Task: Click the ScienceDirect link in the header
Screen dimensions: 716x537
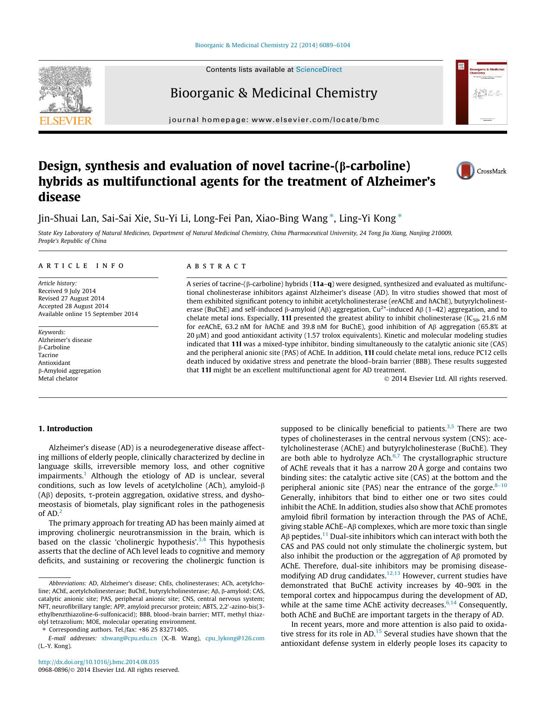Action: pyautogui.click(x=318, y=70)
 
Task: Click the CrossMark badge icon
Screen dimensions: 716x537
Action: pyautogui.click(x=466, y=171)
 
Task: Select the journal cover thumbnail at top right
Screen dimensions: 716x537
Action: pyautogui.click(x=481, y=92)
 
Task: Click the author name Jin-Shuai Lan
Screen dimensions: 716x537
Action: pyautogui.click(x=67, y=218)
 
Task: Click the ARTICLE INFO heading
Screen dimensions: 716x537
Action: pyautogui.click(x=81, y=266)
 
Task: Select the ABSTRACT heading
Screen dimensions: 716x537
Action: pyautogui.click(x=216, y=266)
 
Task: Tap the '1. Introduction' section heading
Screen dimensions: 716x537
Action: pyautogui.click(x=65, y=429)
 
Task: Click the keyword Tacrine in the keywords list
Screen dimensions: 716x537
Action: pyautogui.click(x=48, y=355)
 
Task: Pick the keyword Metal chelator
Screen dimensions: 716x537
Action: pyautogui.click(x=58, y=378)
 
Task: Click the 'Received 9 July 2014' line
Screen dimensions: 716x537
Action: pyautogui.click(x=67, y=291)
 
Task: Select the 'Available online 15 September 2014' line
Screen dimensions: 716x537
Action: pyautogui.click(x=88, y=314)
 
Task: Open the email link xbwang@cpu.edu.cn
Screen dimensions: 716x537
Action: pyautogui.click(x=129, y=638)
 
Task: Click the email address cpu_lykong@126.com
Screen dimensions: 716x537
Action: pyautogui.click(x=235, y=638)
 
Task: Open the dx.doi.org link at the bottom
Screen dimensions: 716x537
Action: pyautogui.click(x=99, y=662)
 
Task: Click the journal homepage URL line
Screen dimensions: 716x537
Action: pyautogui.click(x=274, y=119)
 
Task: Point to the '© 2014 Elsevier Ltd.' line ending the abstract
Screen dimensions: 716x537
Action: pyautogui.click(x=445, y=379)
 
